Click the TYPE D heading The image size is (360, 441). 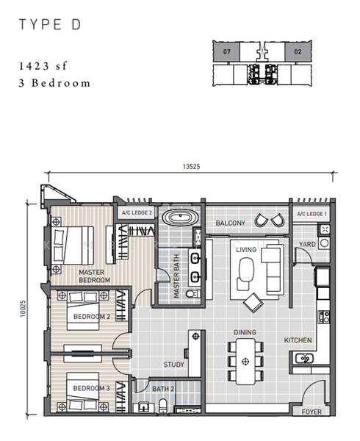pyautogui.click(x=50, y=24)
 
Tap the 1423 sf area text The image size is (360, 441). pyautogui.click(x=43, y=66)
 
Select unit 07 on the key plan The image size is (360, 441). pyautogui.click(x=227, y=51)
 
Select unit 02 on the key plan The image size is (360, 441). pyautogui.click(x=298, y=51)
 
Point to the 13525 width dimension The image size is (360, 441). pyautogui.click(x=191, y=167)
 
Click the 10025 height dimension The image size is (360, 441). pyautogui.click(x=23, y=309)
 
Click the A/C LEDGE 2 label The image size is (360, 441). pyautogui.click(x=137, y=213)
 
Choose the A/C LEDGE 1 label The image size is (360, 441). pyautogui.click(x=312, y=214)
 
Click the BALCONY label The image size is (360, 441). pyautogui.click(x=231, y=223)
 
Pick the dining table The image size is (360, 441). pyautogui.click(x=245, y=361)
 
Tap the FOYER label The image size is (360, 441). pyautogui.click(x=312, y=412)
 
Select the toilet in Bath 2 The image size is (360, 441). pyautogui.click(x=163, y=406)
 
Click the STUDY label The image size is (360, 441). pyautogui.click(x=173, y=365)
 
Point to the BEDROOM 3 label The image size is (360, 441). pyautogui.click(x=91, y=388)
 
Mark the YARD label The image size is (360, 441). pyautogui.click(x=307, y=245)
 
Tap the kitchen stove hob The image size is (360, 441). pyautogui.click(x=324, y=317)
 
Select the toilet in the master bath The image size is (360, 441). pyautogui.click(x=193, y=294)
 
